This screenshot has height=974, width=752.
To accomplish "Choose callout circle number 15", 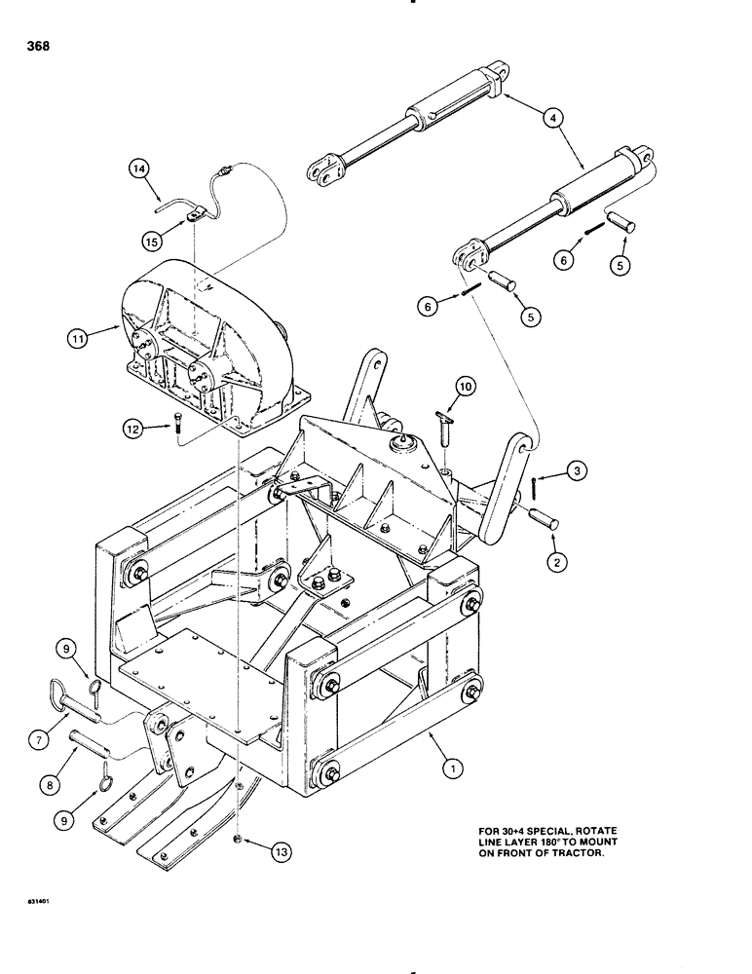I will [151, 238].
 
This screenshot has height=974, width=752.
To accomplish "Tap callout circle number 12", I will [135, 426].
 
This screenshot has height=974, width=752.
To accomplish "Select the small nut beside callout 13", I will [239, 839].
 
